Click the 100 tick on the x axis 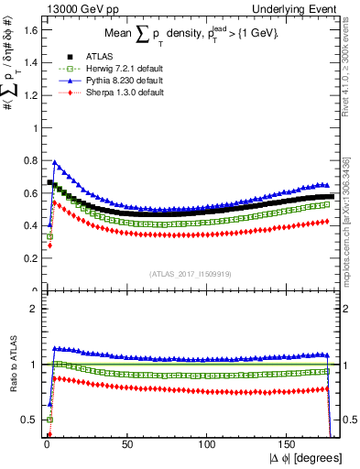207,442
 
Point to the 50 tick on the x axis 126,442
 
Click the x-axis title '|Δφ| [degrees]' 306,457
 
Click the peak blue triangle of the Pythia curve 55,163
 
